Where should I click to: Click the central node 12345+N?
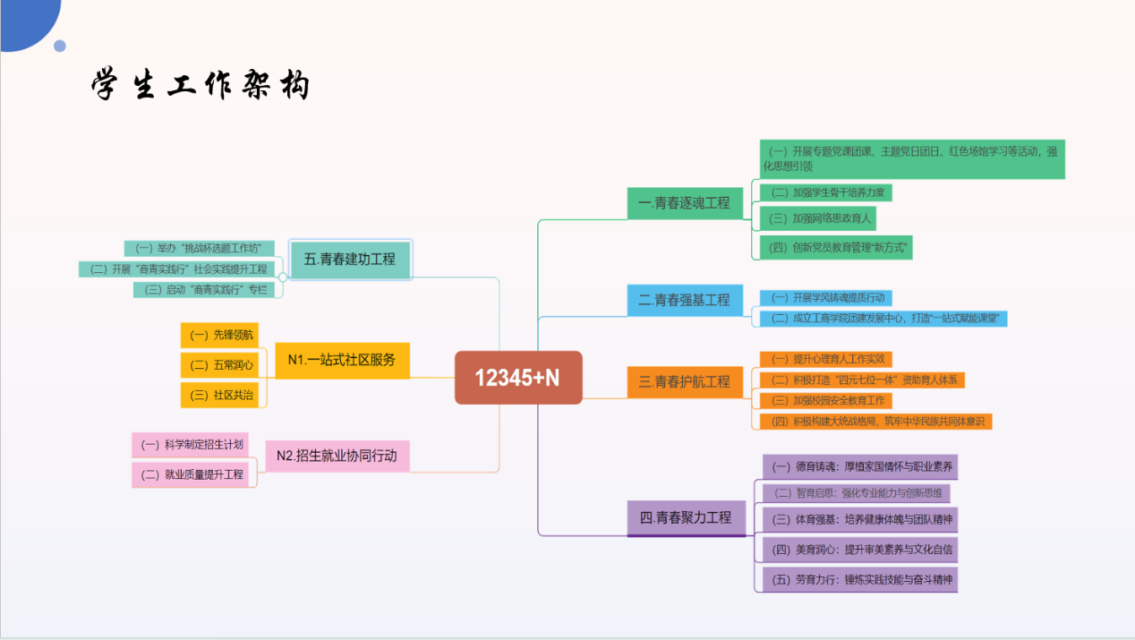[518, 378]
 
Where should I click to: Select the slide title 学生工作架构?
[201, 86]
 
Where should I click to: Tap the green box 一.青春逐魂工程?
[685, 203]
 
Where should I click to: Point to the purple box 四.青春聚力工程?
[686, 517]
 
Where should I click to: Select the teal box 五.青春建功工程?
[350, 259]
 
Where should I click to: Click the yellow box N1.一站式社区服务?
[342, 360]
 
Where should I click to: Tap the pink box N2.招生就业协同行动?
[337, 456]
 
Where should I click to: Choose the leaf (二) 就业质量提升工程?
[192, 474]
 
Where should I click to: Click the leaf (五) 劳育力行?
[860, 579]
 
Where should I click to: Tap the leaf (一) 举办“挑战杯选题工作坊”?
[200, 248]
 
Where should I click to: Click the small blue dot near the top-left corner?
[60, 46]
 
